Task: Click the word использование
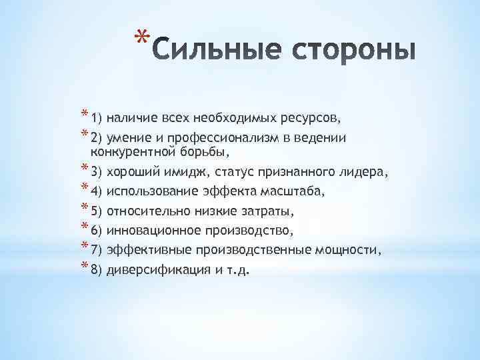click(148, 192)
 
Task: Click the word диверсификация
click(155, 271)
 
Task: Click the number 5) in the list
click(95, 212)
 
